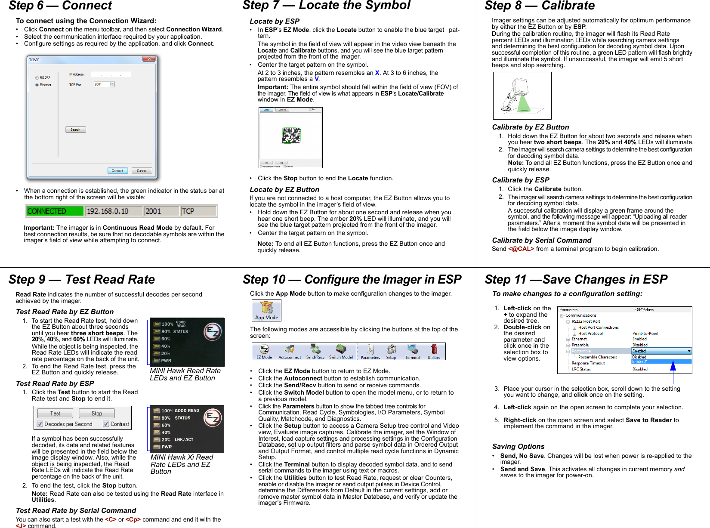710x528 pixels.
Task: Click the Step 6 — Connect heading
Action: [60, 6]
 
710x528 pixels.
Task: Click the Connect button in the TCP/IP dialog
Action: [117, 171]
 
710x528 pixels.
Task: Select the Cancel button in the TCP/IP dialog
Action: [142, 171]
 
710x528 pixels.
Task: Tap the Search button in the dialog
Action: [75, 130]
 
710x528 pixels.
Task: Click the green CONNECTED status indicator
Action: [55, 211]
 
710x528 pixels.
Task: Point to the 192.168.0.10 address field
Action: [114, 211]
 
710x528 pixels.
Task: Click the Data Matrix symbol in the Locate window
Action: [291, 136]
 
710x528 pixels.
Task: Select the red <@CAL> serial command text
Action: [521, 249]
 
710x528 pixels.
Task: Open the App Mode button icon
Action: [266, 310]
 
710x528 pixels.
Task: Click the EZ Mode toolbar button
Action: [264, 351]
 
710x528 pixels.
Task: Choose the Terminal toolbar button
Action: [412, 351]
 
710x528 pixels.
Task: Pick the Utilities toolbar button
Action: [434, 351]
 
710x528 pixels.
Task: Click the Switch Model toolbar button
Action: [341, 351]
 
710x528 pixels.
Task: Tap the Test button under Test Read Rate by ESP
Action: [55, 414]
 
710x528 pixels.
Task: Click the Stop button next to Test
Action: [97, 414]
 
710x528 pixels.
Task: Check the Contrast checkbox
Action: [106, 424]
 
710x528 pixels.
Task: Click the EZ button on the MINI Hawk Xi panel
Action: [213, 417]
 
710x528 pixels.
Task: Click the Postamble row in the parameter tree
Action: [581, 351]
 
